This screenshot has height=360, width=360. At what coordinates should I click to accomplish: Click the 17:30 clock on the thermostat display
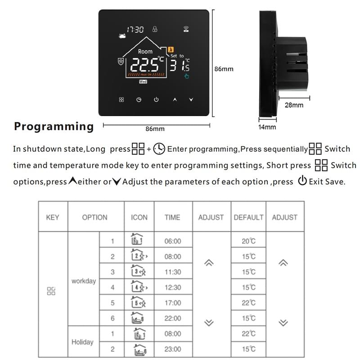pos(135,30)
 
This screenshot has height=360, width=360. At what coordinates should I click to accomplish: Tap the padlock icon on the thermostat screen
pos(155,29)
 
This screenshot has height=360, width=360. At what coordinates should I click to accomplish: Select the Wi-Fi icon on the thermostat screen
pos(186,30)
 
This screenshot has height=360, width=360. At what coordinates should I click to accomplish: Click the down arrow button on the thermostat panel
pos(191,99)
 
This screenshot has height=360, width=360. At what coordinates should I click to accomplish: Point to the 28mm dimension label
pos(294,105)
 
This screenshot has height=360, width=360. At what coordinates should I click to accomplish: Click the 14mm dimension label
pos(267,127)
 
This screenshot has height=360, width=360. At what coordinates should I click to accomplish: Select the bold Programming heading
pos(54,126)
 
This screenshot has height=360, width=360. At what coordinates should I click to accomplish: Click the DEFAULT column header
pos(248,217)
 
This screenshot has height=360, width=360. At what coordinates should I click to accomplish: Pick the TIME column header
pos(173,217)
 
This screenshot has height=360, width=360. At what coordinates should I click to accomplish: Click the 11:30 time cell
pos(173,272)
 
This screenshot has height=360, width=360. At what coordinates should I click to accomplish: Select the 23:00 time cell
pos(173,349)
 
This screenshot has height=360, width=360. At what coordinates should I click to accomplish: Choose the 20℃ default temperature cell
pos(248,241)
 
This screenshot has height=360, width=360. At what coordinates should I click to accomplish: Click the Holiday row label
pos(83,342)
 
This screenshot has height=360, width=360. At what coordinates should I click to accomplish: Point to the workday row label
pos(84,281)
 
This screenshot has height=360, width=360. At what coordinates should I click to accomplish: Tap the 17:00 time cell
pos(173,303)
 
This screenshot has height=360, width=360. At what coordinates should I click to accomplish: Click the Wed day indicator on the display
pos(143,81)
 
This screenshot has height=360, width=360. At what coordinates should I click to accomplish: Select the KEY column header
pos(53,217)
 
